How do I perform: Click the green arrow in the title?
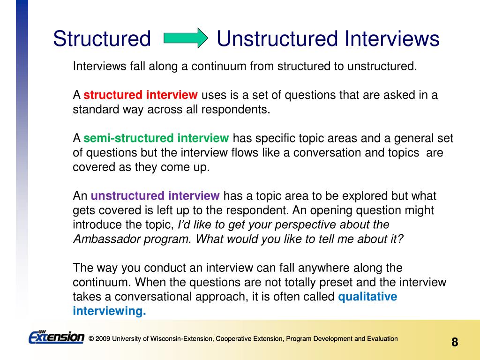[186, 38]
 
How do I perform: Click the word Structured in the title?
[102, 38]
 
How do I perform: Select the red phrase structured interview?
[141, 95]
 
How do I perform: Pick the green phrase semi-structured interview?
[156, 138]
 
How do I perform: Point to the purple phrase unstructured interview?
[155, 195]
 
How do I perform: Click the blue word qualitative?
[367, 297]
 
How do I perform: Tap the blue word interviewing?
[109, 311]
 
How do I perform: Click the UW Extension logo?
[56, 337]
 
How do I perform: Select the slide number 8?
[455, 342]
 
